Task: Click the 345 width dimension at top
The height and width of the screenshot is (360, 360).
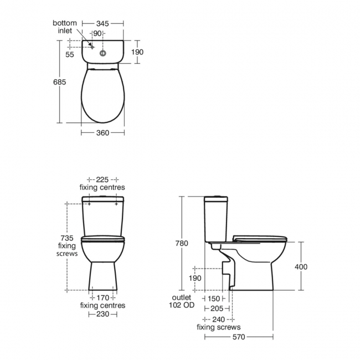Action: [102, 23]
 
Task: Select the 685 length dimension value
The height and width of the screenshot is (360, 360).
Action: [60, 81]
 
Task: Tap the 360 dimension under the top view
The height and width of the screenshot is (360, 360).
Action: [102, 132]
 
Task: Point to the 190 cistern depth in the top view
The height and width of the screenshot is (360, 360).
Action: [137, 52]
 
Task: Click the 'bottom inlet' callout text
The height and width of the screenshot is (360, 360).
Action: [65, 27]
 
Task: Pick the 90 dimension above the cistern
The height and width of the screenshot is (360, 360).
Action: [97, 33]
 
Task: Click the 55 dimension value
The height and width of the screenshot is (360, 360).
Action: [70, 54]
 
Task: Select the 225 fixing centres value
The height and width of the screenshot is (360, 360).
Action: [102, 180]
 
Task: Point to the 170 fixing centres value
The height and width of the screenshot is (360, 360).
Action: [102, 298]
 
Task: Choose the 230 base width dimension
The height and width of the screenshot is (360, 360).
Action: [102, 313]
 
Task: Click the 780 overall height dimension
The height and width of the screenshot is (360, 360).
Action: [182, 243]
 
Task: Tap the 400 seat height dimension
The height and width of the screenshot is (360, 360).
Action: [301, 266]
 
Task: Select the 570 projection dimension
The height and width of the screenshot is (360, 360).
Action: [239, 336]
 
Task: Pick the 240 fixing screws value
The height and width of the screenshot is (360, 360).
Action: [218, 319]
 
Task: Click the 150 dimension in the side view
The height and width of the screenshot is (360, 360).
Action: [214, 298]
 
